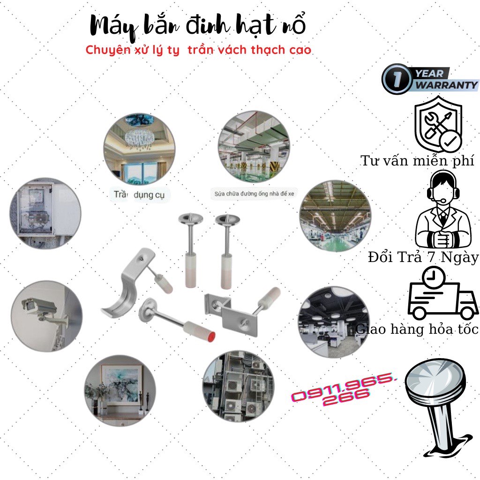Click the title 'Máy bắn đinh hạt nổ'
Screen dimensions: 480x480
click(198, 27)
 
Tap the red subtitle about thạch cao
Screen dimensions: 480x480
click(198, 50)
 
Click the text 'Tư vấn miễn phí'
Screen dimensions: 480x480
click(417, 161)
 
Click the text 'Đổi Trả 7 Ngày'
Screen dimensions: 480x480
click(423, 257)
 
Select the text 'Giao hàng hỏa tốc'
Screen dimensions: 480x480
click(417, 329)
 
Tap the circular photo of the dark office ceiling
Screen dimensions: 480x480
click(332, 321)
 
